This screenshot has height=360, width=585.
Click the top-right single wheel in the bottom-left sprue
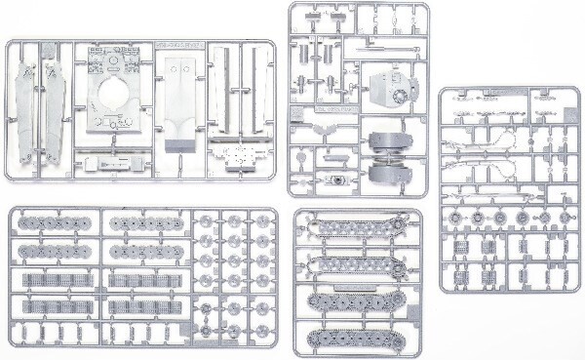261,220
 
